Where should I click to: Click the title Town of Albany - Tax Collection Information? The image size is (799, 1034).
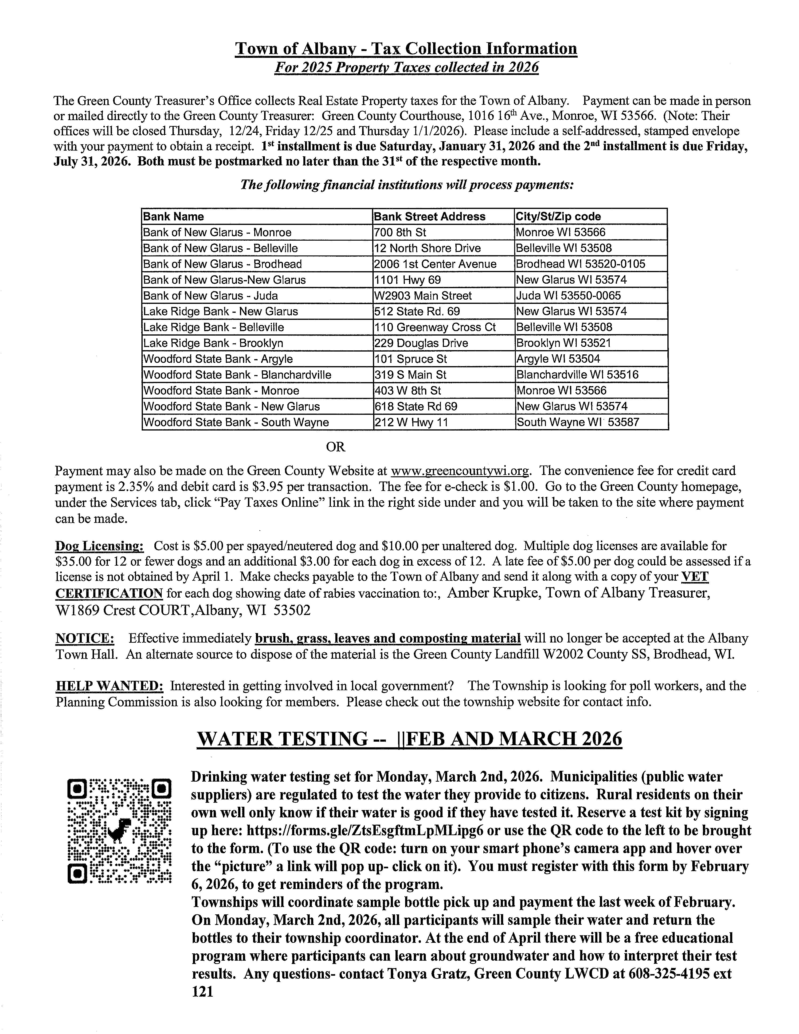406,49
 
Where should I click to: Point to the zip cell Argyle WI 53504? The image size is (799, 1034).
558,359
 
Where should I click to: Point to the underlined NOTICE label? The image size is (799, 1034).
85,639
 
